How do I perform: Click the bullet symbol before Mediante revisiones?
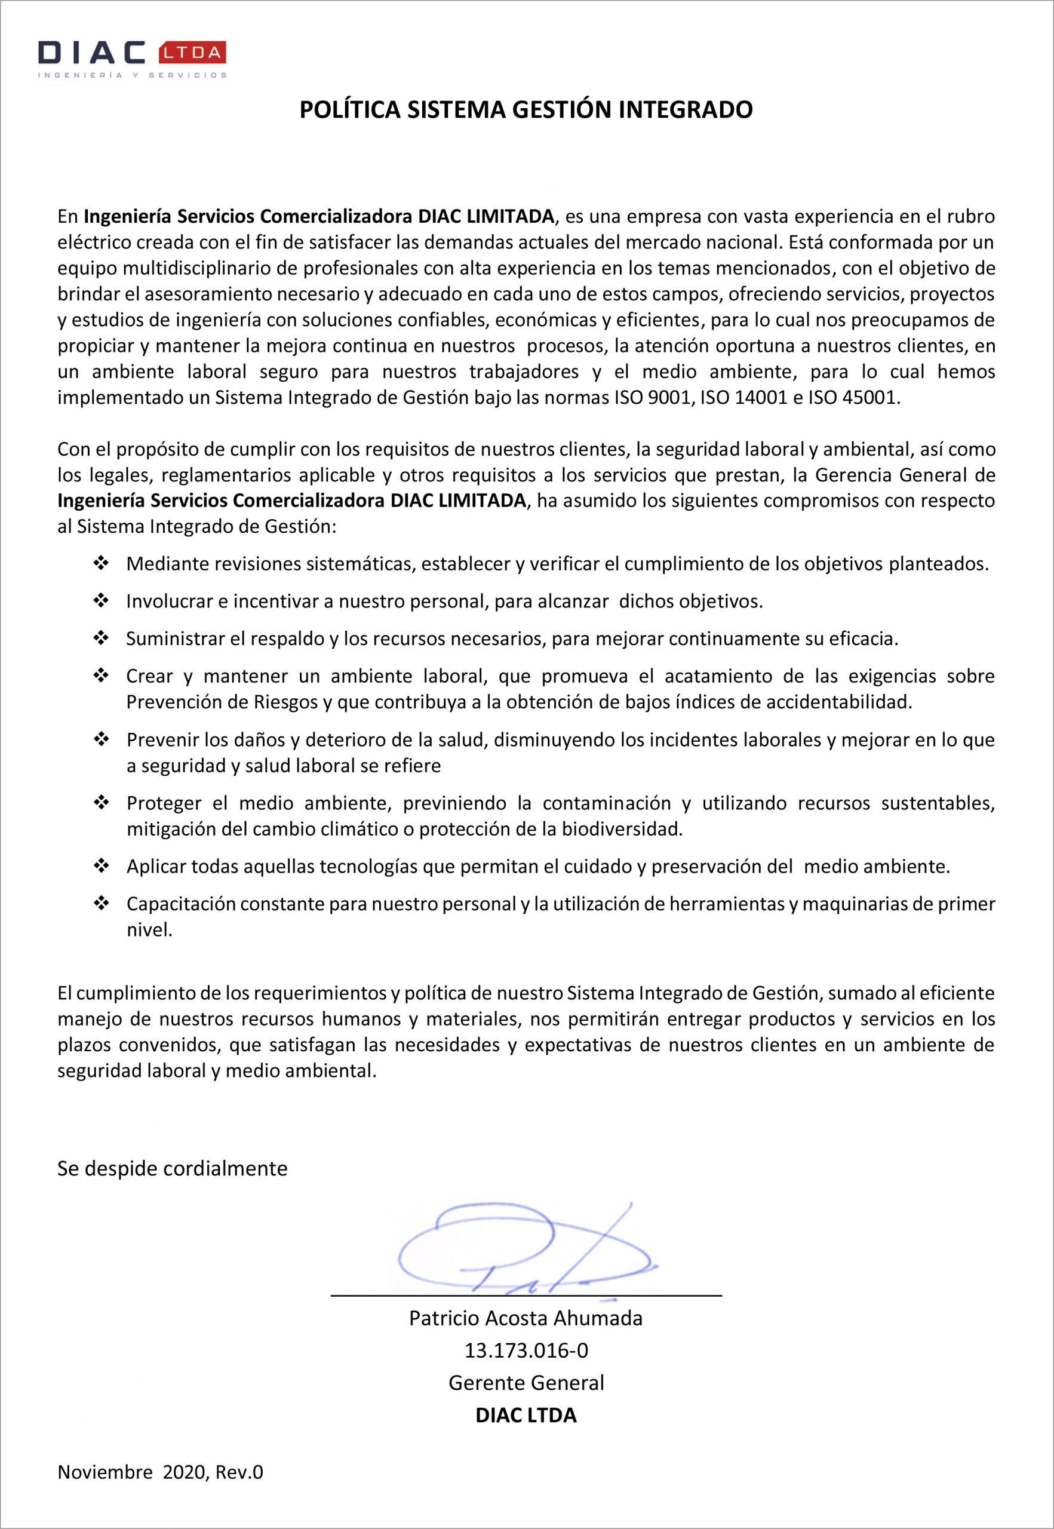tap(101, 563)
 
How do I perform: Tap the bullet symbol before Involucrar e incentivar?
tap(101, 601)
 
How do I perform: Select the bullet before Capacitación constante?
tap(101, 904)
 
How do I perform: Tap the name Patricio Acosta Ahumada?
tap(526, 1319)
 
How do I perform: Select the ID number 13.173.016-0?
tap(526, 1350)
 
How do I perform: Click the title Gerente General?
tap(526, 1383)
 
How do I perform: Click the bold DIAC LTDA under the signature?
tap(526, 1416)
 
